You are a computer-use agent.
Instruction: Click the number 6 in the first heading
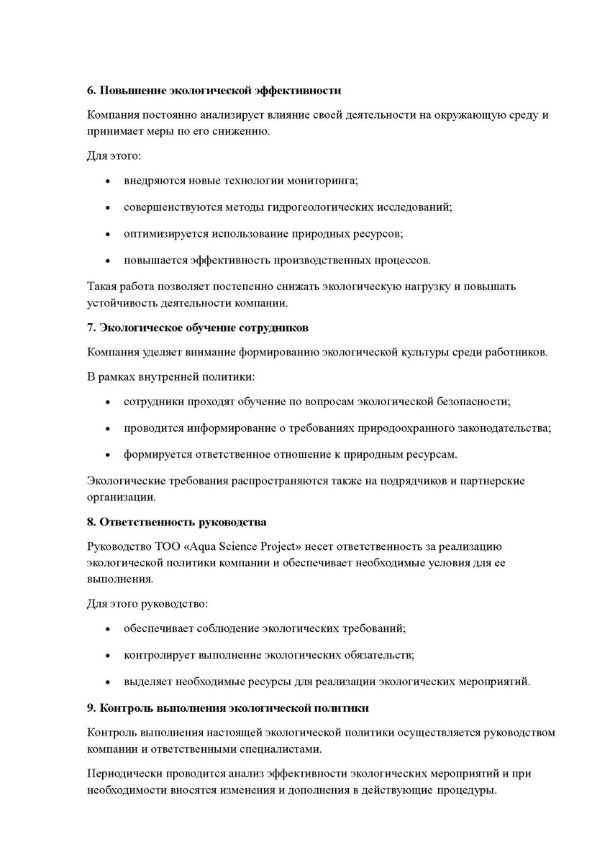pos(90,91)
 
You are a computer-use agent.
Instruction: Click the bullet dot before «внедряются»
pos(107,181)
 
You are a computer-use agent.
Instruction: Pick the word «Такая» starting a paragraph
pos(101,286)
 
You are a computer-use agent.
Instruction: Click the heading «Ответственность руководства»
pos(183,521)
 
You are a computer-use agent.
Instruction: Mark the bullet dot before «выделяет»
pos(107,682)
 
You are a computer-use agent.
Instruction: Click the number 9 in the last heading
pos(90,708)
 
